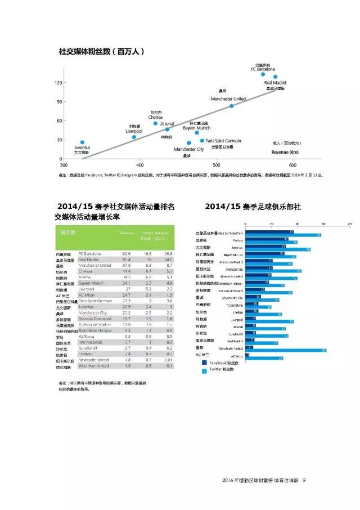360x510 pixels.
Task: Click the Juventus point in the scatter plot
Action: pos(82,143)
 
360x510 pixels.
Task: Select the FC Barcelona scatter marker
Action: pos(263,74)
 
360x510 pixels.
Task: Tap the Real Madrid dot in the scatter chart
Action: pos(275,77)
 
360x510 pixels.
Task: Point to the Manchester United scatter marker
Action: pos(231,106)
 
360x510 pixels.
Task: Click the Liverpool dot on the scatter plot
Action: pos(134,137)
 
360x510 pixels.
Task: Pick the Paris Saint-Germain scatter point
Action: pos(202,141)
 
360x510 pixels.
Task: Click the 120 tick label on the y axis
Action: pos(58,83)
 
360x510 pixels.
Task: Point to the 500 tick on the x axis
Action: pos(217,165)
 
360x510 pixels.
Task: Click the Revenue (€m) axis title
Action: pos(285,152)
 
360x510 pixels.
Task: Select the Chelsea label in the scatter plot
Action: pos(156,117)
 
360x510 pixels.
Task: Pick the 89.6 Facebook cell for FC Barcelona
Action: pos(126,254)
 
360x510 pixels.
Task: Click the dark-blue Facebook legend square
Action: pos(204,363)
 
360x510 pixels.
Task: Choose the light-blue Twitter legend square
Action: pos(204,370)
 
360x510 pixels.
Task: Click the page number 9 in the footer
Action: pos(304,480)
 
